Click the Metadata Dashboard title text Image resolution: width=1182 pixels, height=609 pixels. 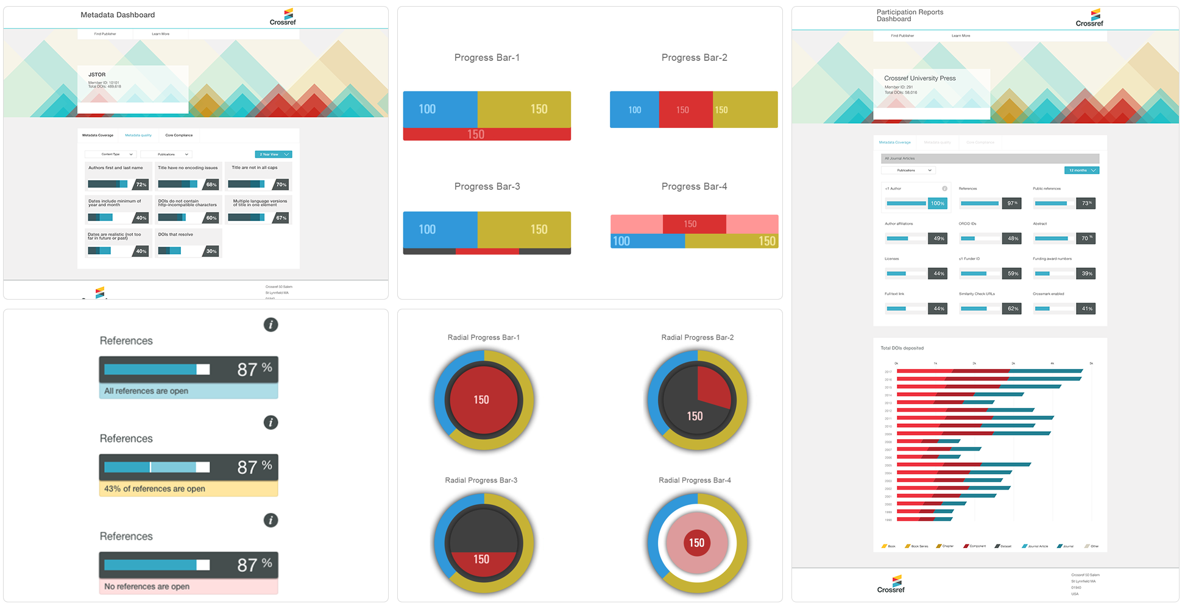click(118, 15)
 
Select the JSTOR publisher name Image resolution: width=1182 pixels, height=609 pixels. click(97, 75)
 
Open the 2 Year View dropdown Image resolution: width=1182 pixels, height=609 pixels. click(273, 154)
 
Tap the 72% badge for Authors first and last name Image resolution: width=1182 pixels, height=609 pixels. click(141, 185)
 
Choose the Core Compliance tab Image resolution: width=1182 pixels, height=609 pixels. click(179, 135)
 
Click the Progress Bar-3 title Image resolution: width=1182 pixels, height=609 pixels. click(487, 186)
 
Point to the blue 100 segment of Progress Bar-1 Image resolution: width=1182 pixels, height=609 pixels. click(439, 109)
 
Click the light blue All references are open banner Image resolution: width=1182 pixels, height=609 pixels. click(188, 391)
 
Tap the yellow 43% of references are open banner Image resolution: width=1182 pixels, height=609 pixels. click(188, 488)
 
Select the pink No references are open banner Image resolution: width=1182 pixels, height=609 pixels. click(188, 586)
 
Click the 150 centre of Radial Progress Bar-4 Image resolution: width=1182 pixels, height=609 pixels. click(696, 543)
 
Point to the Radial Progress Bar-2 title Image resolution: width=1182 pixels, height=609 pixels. click(697, 337)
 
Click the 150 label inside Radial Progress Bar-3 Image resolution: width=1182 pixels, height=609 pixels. click(481, 559)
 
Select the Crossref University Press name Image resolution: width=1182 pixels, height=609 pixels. click(919, 79)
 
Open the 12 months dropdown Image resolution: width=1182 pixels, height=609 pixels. click(1081, 171)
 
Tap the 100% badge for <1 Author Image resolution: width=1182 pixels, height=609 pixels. click(937, 203)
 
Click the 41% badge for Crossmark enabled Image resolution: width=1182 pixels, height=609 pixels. click(1087, 309)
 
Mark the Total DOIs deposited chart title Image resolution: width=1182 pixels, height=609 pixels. click(902, 348)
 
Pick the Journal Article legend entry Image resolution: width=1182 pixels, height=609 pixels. click(1038, 546)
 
